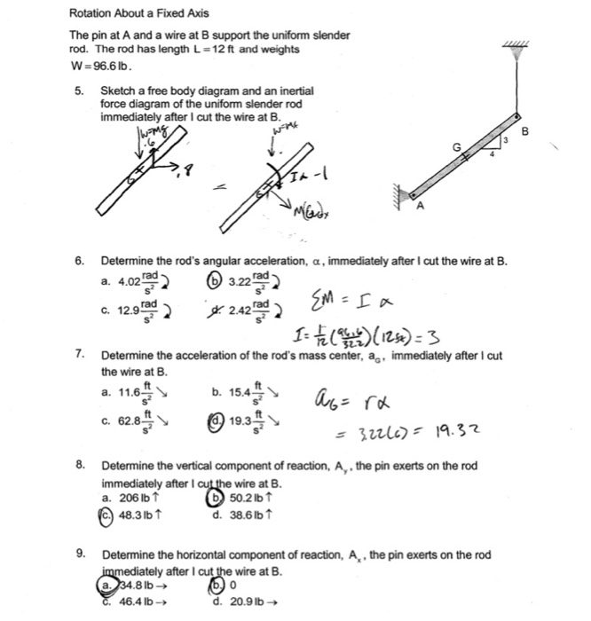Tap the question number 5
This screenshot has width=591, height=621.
[80, 91]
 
